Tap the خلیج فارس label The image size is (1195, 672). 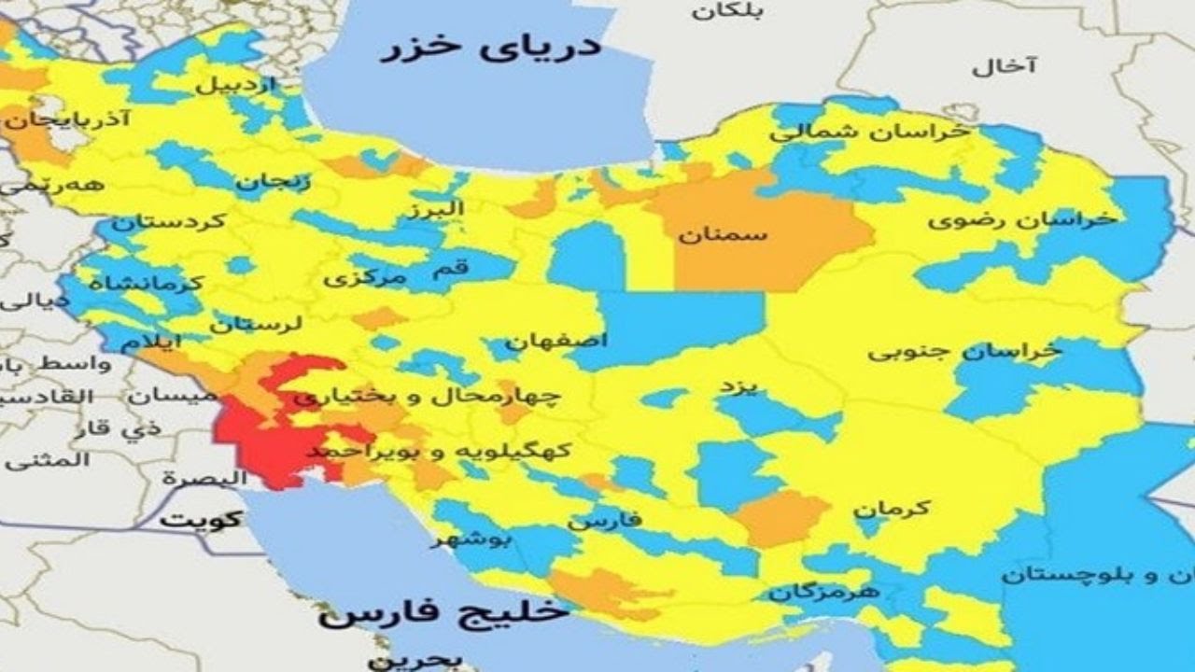443,613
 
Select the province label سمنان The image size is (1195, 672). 723,233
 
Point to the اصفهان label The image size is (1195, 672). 556,341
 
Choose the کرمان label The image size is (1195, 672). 891,509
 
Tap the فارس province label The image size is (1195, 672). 605,519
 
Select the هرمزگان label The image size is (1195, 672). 824,592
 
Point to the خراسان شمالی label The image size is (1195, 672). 868,132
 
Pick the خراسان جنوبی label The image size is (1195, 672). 964,351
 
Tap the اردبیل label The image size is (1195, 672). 236,85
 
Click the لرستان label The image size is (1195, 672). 256,325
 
